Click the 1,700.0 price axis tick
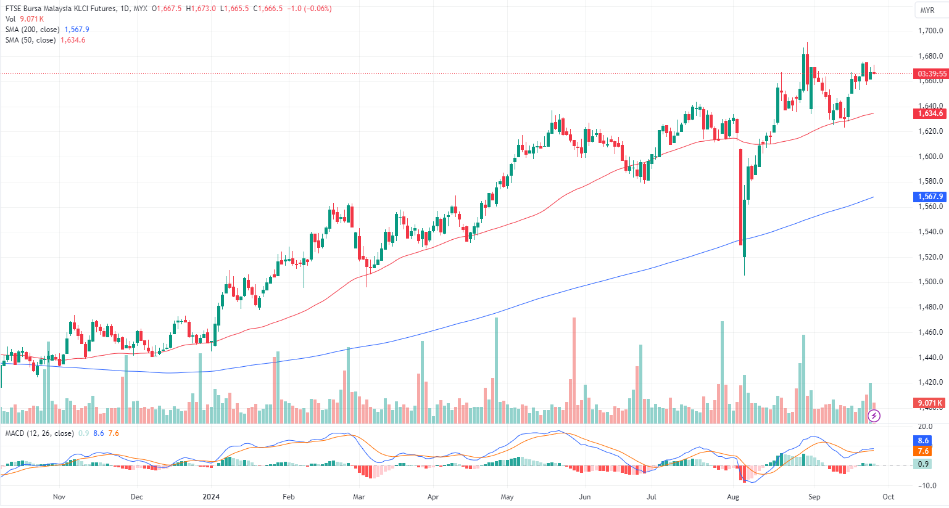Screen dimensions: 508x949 coord(929,31)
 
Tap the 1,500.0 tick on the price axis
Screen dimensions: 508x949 coord(929,282)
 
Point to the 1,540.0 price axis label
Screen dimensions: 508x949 coord(929,232)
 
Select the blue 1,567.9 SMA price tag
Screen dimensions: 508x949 coord(930,197)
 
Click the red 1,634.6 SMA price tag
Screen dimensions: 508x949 coord(930,113)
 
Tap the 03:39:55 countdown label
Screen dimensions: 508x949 coord(932,74)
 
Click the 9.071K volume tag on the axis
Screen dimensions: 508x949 coord(930,403)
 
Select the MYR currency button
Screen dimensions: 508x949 coord(927,10)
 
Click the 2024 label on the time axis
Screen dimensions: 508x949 coord(211,497)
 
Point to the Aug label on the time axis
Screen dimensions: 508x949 coord(733,497)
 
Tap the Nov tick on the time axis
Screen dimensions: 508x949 coord(59,497)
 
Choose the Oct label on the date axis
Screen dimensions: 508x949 coord(888,497)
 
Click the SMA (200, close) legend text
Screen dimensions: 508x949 coord(33,30)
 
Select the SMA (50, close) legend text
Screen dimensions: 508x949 coord(30,40)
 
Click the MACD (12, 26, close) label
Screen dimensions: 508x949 coord(39,433)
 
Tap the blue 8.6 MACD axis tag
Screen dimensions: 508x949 coord(923,441)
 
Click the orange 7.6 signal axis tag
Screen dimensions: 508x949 coord(923,451)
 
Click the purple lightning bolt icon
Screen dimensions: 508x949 coord(874,416)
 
